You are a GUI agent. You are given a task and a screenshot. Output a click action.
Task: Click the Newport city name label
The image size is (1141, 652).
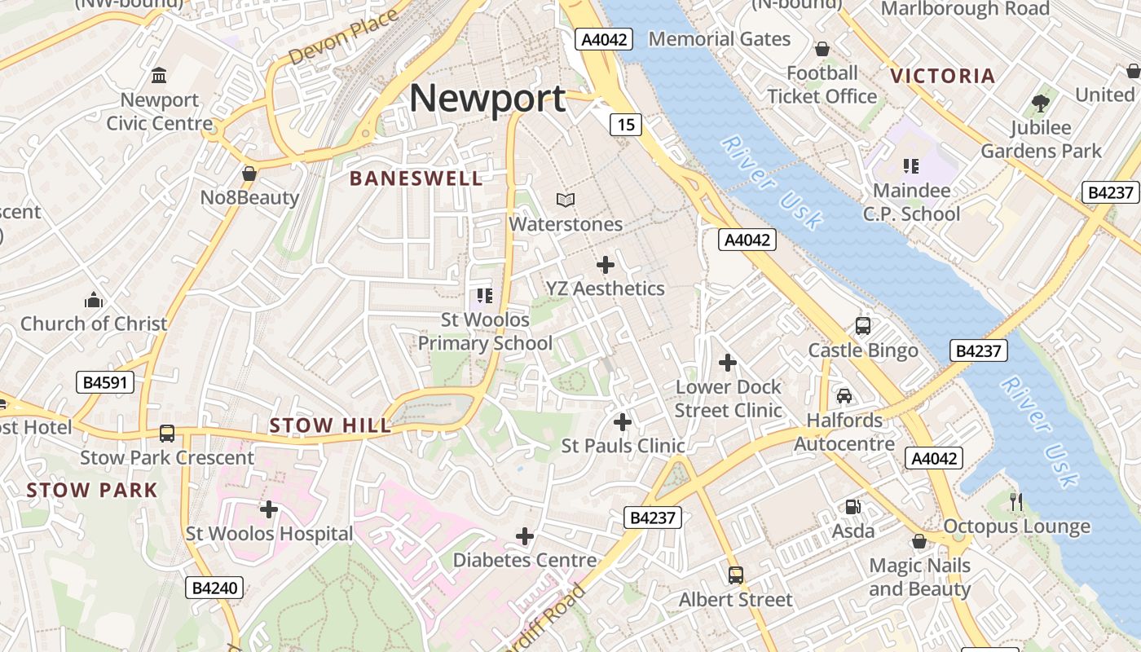487,99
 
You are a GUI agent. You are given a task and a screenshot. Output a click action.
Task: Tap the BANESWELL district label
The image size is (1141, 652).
416,178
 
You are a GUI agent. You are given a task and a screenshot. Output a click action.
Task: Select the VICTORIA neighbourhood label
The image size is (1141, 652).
942,77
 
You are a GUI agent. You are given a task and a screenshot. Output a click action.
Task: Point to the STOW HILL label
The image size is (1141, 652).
330,425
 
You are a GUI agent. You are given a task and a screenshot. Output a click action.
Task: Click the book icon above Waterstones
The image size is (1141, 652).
565,200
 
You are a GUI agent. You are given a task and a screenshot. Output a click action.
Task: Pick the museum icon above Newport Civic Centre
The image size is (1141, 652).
159,76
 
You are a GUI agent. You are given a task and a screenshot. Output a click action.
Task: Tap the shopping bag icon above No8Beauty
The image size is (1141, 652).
249,174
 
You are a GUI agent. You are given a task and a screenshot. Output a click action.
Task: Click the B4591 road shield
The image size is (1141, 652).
105,382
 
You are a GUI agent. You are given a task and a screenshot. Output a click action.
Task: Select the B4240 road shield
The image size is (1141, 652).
214,587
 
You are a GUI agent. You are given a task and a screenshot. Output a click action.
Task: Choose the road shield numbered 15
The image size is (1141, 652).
626,125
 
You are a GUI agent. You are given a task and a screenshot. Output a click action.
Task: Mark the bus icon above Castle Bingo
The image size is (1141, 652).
863,326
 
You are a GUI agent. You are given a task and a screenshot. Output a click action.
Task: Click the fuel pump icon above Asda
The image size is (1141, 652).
852,507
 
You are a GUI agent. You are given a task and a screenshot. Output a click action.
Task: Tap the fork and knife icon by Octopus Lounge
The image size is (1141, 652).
1015,502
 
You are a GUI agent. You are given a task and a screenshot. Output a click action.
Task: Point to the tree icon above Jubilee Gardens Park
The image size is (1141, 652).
1040,103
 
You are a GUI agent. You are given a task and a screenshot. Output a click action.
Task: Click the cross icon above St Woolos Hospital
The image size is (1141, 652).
269,510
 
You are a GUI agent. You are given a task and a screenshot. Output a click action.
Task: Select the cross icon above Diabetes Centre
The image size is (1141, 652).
525,536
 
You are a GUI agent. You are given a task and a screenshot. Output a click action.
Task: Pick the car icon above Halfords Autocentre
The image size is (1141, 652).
844,396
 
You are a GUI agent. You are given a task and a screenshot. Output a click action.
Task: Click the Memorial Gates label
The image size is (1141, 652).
719,39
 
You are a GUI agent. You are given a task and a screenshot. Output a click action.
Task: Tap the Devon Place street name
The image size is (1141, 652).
343,37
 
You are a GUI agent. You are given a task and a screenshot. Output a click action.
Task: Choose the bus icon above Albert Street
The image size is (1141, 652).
736,575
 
